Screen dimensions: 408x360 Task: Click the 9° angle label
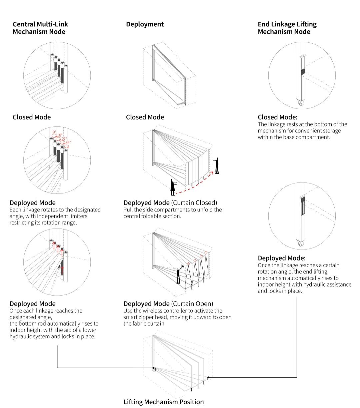pyautogui.click(x=54, y=132)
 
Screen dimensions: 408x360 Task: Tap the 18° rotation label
pyautogui.click(x=59, y=135)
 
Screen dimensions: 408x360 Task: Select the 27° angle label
pyautogui.click(x=64, y=139)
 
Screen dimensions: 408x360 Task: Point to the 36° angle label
pyautogui.click(x=68, y=143)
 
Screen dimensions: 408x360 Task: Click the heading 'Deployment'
pyautogui.click(x=145, y=24)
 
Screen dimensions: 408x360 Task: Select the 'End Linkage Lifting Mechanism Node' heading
pyautogui.click(x=287, y=28)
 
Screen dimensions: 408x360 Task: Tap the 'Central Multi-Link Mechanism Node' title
pyautogui.click(x=40, y=28)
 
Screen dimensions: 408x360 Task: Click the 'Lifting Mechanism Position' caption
pyautogui.click(x=163, y=402)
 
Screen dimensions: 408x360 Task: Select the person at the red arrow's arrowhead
pyautogui.click(x=217, y=166)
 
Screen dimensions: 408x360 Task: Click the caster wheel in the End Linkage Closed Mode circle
pyautogui.click(x=301, y=104)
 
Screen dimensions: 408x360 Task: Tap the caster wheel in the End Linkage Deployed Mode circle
pyautogui.click(x=301, y=244)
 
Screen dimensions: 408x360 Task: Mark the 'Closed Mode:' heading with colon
pyautogui.click(x=277, y=117)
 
